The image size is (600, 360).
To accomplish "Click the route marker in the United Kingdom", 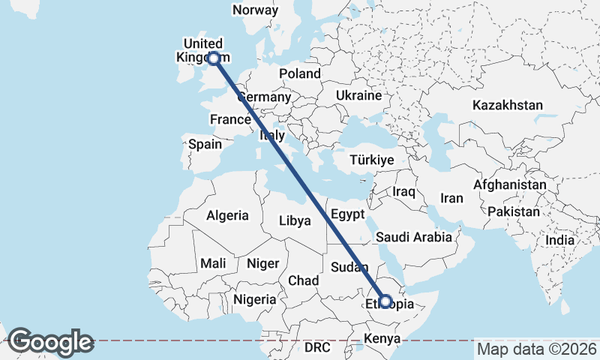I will coord(214,58).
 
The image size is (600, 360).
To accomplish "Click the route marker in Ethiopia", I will coord(385,301).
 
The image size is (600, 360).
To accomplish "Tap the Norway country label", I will coord(255,10).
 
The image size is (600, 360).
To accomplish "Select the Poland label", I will coord(300,73).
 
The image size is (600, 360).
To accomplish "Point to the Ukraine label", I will coord(358,96).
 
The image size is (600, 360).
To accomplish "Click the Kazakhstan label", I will coord(507,105).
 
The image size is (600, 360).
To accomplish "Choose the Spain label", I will coord(205,144).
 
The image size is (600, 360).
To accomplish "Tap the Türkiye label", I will coord(373,160).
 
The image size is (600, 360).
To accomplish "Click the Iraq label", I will coord(403,192).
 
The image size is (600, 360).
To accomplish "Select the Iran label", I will coord(451,199).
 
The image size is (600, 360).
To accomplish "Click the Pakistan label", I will coord(513,212).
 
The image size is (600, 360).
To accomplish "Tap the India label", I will coord(559,241).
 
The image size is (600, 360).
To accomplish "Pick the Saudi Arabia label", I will coord(414,237).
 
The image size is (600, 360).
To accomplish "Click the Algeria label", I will coord(227,215).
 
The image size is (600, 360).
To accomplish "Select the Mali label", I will coord(213,263).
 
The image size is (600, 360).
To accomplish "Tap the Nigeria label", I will coord(254,299).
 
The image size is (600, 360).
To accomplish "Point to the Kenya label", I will coord(382,339).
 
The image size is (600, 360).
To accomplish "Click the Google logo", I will coord(50,342).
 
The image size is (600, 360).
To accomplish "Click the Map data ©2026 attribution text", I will coord(536,349).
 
